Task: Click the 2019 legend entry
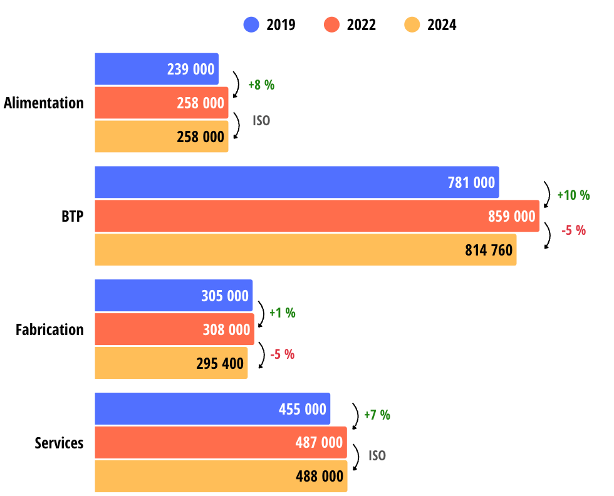pyautogui.click(x=269, y=25)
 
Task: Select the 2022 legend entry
pyautogui.click(x=350, y=25)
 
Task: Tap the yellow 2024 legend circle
pyautogui.click(x=412, y=25)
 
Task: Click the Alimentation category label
pyautogui.click(x=44, y=103)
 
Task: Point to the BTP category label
pyautogui.click(x=72, y=217)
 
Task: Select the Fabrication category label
pyautogui.click(x=49, y=329)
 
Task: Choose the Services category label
pyautogui.click(x=59, y=443)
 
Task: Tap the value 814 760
pyautogui.click(x=489, y=251)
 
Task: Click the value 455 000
pyautogui.click(x=303, y=410)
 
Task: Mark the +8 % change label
pyautogui.click(x=261, y=85)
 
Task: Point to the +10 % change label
pyautogui.click(x=573, y=195)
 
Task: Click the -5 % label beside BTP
pyautogui.click(x=573, y=230)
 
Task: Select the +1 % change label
pyautogui.click(x=282, y=313)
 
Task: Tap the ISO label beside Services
pyautogui.click(x=377, y=456)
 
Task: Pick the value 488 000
pyautogui.click(x=320, y=477)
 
